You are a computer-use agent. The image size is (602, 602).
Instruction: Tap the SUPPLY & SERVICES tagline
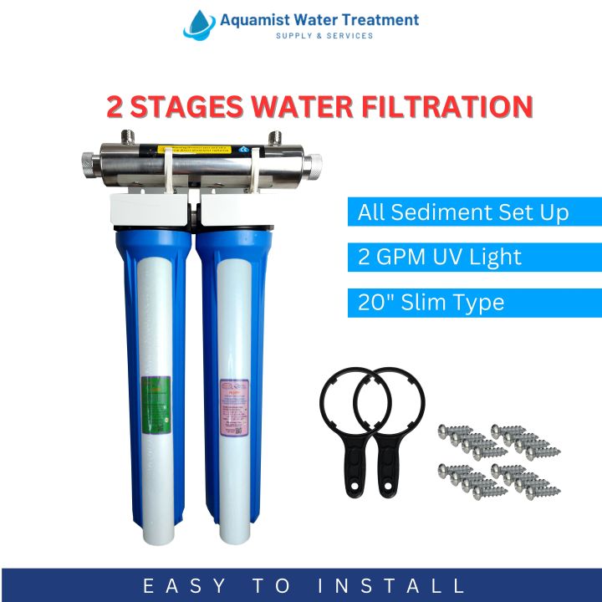(x=324, y=36)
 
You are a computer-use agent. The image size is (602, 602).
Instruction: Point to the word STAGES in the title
(x=188, y=107)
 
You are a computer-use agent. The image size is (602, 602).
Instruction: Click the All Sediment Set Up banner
(x=474, y=212)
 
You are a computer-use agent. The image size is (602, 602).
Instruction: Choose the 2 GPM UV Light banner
(x=474, y=257)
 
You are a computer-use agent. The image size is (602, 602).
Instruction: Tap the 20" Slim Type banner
(x=474, y=302)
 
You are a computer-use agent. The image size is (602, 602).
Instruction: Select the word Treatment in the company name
(x=373, y=19)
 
